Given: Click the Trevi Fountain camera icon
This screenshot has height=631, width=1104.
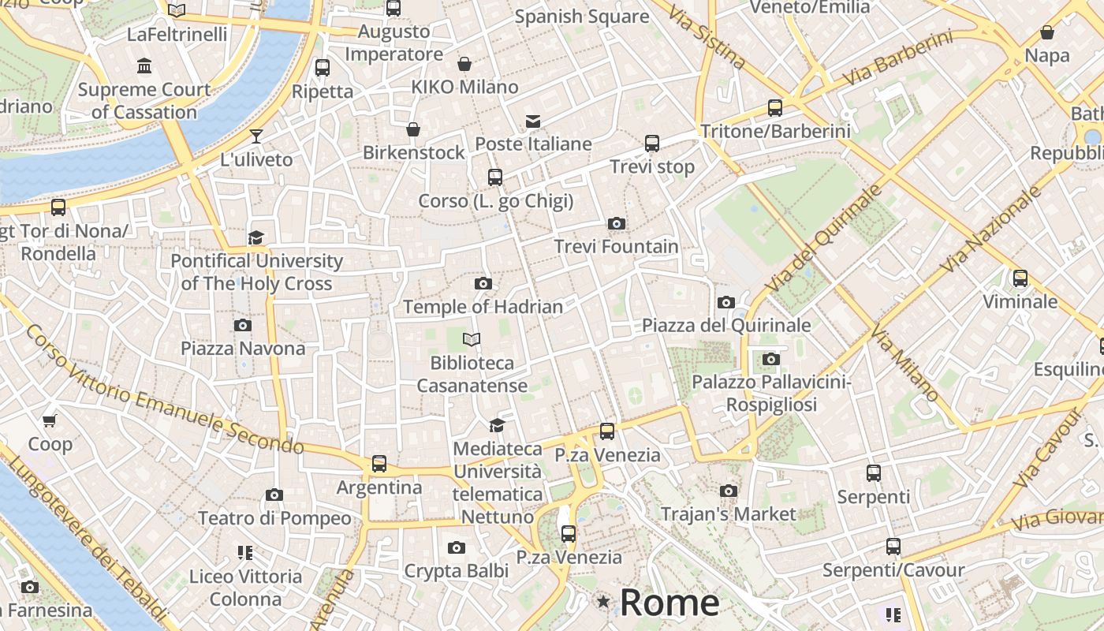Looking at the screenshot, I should pyautogui.click(x=617, y=224).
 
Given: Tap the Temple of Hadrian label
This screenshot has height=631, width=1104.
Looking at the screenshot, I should pyautogui.click(x=483, y=307).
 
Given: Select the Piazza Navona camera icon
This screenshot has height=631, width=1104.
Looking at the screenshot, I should pyautogui.click(x=243, y=325).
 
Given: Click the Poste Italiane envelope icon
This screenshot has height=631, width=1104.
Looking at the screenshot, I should pyautogui.click(x=533, y=121).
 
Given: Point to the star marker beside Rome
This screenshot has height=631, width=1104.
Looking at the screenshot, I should pyautogui.click(x=604, y=602).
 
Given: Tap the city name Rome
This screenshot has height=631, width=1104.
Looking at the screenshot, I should pyautogui.click(x=669, y=603).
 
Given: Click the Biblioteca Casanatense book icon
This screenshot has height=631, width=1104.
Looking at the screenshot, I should pyautogui.click(x=472, y=339).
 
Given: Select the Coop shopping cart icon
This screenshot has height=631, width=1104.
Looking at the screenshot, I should pyautogui.click(x=50, y=421).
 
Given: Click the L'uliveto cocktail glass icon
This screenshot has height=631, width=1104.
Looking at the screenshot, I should pyautogui.click(x=256, y=136).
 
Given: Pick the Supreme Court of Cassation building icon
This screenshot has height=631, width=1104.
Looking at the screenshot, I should pyautogui.click(x=144, y=65).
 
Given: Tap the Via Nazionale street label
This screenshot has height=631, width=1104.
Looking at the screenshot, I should pyautogui.click(x=990, y=230).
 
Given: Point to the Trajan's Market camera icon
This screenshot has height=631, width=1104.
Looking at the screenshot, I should pyautogui.click(x=729, y=491).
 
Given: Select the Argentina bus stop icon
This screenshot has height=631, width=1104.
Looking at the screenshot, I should pyautogui.click(x=379, y=464).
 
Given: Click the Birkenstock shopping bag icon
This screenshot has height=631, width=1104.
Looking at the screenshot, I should pyautogui.click(x=413, y=129).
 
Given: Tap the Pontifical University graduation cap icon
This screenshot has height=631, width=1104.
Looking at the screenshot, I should pyautogui.click(x=255, y=237).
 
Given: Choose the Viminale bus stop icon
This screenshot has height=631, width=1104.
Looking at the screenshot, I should pyautogui.click(x=1020, y=278).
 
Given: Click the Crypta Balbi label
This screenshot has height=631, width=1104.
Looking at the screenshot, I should pyautogui.click(x=456, y=570).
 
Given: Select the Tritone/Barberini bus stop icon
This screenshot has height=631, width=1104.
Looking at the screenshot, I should pyautogui.click(x=775, y=108).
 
